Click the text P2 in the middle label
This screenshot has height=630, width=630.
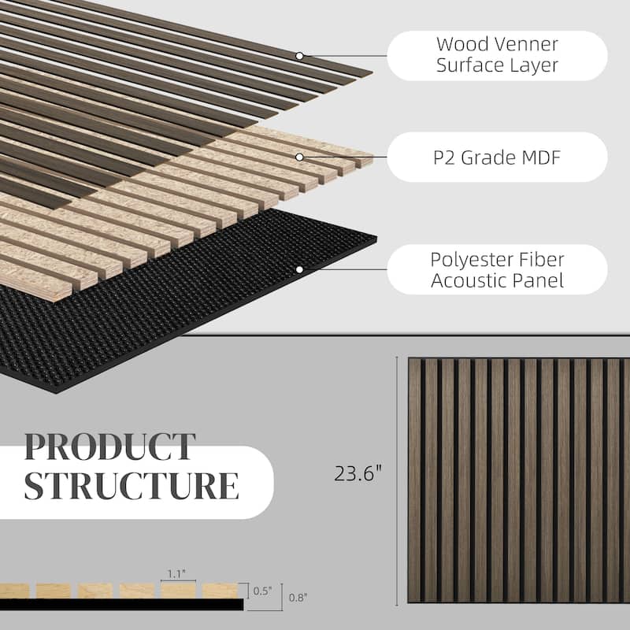click(444, 157)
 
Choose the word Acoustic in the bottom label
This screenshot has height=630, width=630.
click(466, 280)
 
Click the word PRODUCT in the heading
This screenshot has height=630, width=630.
click(109, 447)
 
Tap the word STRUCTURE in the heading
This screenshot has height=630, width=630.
click(132, 485)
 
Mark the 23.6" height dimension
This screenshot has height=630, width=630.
click(358, 473)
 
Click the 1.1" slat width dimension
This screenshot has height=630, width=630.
click(176, 574)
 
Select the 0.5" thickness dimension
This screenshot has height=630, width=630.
click(262, 591)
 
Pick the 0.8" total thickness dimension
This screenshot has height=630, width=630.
click(298, 598)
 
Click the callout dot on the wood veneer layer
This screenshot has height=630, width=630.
click(299, 56)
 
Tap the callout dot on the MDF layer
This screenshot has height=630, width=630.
click(299, 157)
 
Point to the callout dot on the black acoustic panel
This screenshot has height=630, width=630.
click(299, 269)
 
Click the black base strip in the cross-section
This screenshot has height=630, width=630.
click(122, 604)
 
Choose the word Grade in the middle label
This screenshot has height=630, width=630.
click(486, 157)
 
